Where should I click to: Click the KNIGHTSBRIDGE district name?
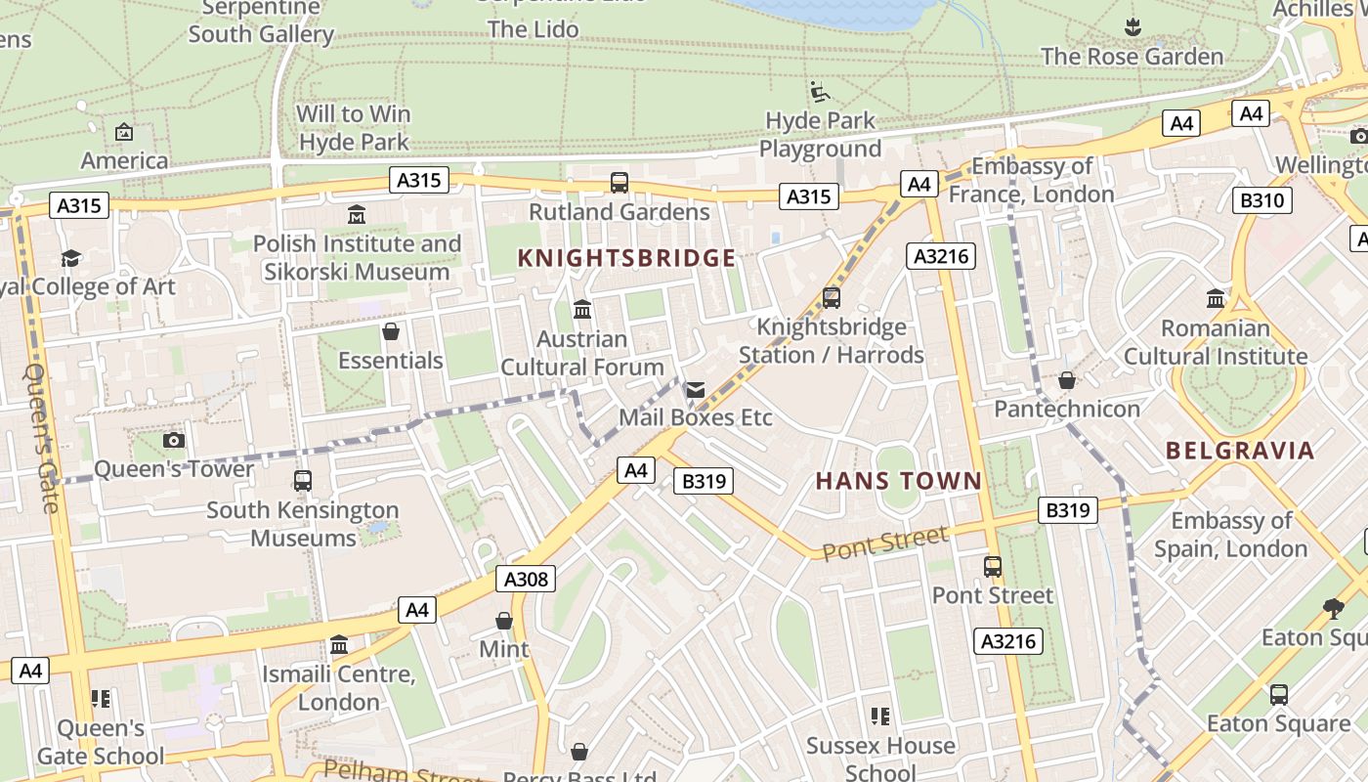(626, 258)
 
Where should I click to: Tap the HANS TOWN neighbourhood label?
(898, 480)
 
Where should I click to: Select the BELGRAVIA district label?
(1240, 451)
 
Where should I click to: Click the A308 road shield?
(526, 579)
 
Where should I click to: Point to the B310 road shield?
(1263, 200)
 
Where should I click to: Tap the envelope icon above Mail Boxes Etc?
(695, 390)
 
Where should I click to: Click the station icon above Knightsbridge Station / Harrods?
(832, 298)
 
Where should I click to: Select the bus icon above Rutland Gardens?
(620, 183)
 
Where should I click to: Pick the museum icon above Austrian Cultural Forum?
(582, 310)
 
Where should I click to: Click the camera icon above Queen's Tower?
(174, 440)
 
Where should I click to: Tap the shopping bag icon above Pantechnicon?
(1067, 380)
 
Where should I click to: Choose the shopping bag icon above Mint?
(504, 621)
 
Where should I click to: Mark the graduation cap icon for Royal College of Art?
(71, 258)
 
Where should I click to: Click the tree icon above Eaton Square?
(1333, 609)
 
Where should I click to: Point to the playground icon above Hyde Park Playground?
(820, 92)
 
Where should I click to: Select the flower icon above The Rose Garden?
(1133, 26)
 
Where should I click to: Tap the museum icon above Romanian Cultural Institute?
(1216, 298)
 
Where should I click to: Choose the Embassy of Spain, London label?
(1230, 535)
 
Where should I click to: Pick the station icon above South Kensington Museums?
(303, 481)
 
